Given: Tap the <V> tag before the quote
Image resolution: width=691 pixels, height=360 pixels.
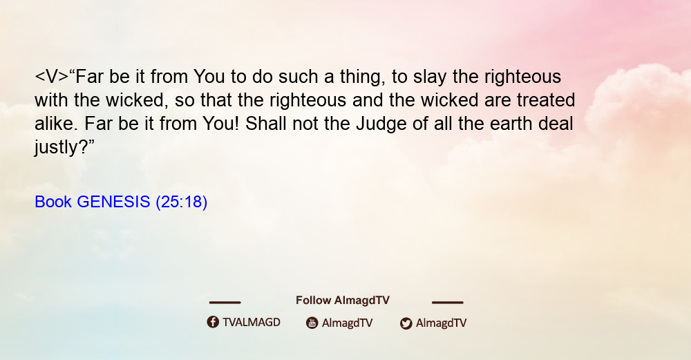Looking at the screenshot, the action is tap(52, 77).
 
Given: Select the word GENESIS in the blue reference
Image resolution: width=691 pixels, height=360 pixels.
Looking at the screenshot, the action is tap(114, 202).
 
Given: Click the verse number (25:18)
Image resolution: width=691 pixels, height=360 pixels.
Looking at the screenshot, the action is tap(182, 202).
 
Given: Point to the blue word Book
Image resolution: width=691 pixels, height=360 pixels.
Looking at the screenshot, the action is tap(53, 202).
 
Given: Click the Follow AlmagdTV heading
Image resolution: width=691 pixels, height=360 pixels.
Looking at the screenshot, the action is tap(343, 301).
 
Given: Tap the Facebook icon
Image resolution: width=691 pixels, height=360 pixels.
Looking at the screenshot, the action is tap(213, 322).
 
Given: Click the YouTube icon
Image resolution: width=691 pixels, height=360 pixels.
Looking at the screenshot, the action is tap(312, 323).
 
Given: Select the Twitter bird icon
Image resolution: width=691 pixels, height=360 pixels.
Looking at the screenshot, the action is tap(406, 323).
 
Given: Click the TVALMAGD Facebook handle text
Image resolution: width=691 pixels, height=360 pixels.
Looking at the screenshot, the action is tap(252, 323).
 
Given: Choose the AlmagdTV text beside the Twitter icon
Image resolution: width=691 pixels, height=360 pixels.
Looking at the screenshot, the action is tap(441, 323).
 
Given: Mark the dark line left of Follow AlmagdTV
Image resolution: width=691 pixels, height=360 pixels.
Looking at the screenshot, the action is tap(225, 303).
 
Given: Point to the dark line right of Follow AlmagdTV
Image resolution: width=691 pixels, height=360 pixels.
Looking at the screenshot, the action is tap(448, 303).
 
